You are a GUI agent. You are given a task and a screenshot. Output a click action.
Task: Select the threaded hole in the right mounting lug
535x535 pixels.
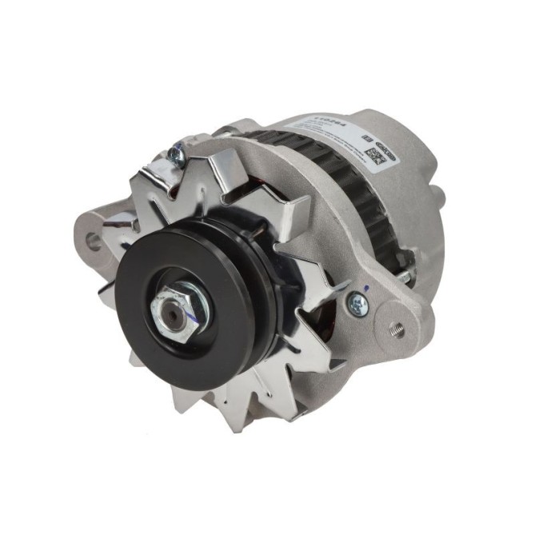click(x=395, y=328)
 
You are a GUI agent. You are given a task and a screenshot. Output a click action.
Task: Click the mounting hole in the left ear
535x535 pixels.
click(x=94, y=240)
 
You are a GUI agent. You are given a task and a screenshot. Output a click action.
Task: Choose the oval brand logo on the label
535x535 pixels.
click(x=386, y=142)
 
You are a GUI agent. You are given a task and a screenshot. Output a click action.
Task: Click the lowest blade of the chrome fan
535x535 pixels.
click(x=241, y=408)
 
